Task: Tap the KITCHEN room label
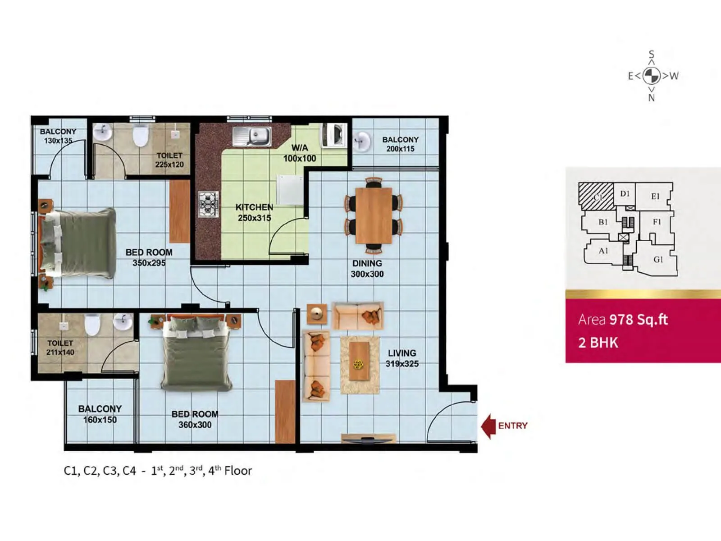254,207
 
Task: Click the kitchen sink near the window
252,136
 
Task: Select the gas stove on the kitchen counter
209,204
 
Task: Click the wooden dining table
374,215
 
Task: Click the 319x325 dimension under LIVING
402,364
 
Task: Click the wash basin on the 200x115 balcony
361,141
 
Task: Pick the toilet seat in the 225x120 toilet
141,135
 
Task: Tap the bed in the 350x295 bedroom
79,243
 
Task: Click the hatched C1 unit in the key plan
596,197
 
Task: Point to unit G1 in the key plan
658,260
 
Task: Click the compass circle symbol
651,76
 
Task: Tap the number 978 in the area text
621,320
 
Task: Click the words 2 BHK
598,343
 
